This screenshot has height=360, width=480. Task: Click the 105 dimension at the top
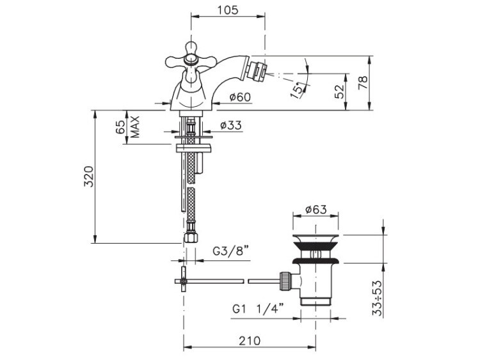click(x=228, y=10)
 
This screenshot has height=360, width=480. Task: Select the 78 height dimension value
click(x=363, y=82)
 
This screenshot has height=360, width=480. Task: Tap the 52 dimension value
click(x=339, y=91)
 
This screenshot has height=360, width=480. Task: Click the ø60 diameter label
click(x=240, y=97)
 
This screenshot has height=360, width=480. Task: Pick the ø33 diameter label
click(x=231, y=125)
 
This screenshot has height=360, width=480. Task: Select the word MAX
click(x=135, y=127)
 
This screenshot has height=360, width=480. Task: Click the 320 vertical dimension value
click(x=89, y=176)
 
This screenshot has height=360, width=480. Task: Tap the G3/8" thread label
click(x=230, y=251)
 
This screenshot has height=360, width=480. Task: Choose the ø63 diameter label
click(x=316, y=210)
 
